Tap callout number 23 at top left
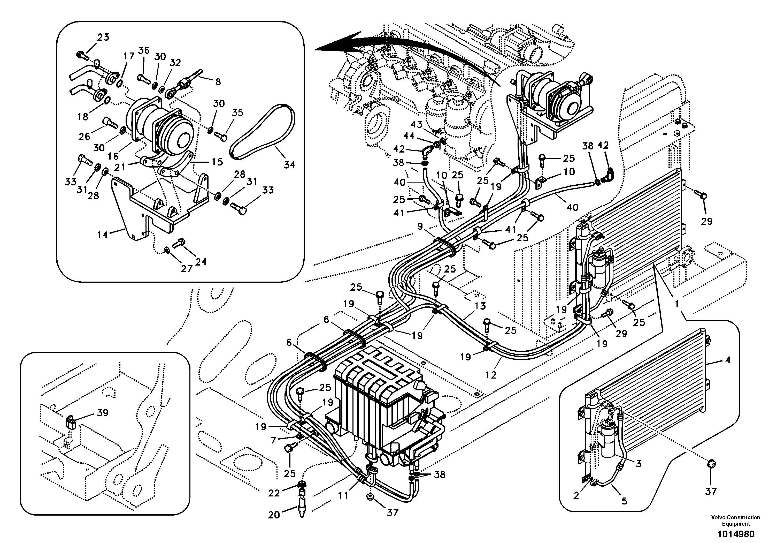click(x=103, y=37)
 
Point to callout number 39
click(x=103, y=413)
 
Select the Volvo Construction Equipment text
click(x=735, y=521)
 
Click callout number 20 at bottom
click(x=274, y=515)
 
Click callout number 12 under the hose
click(x=491, y=375)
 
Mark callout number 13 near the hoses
click(x=480, y=305)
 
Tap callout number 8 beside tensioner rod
click(x=218, y=81)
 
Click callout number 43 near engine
click(x=417, y=125)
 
